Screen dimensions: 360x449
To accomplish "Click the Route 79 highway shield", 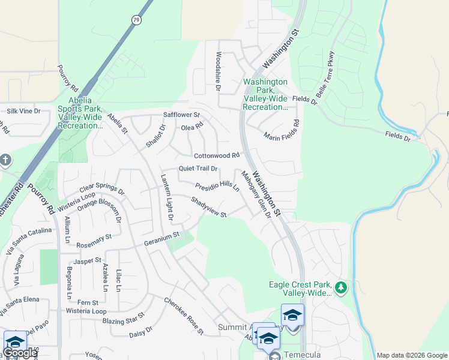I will (137, 20).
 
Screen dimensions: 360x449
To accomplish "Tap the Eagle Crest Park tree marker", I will (342, 288).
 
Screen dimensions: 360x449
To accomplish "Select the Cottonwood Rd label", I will (217, 155).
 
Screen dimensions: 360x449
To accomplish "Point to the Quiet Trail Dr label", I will (197, 169).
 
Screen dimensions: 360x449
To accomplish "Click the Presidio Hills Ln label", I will (217, 185).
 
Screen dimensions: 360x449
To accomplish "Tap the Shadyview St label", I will (209, 207).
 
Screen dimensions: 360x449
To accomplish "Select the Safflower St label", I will (181, 115).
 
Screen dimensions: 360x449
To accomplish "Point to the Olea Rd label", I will (193, 127).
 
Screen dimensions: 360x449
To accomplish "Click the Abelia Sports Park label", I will (80, 118).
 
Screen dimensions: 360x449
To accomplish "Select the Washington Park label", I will (265, 94).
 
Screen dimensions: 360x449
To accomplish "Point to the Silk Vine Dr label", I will (23, 111).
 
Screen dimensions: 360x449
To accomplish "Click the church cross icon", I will (5, 160).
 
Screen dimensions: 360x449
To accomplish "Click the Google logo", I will (19, 353).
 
